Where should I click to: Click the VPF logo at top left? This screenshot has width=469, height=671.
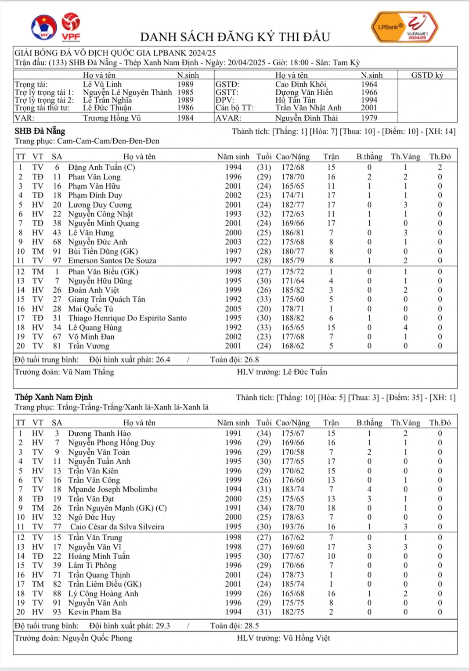click(71, 27)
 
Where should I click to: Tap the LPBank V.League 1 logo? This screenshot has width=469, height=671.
click(404, 27)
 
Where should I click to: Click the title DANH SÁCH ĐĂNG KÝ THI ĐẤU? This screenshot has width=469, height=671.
click(235, 37)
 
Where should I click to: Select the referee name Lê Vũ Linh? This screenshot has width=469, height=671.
click(102, 84)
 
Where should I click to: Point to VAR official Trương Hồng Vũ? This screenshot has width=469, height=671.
click(112, 118)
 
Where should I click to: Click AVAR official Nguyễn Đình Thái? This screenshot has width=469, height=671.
click(307, 118)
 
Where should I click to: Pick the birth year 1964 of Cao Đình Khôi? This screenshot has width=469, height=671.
click(369, 84)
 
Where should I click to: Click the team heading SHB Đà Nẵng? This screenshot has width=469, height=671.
click(40, 131)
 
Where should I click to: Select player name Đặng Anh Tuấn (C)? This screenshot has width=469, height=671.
click(101, 167)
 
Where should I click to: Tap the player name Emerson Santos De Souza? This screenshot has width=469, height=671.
click(112, 261)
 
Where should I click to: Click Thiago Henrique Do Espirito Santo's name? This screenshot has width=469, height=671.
click(127, 318)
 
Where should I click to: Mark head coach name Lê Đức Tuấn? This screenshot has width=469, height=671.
click(305, 372)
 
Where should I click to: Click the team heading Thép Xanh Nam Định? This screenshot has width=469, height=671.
click(54, 397)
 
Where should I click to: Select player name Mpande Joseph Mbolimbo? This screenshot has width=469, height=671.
click(112, 489)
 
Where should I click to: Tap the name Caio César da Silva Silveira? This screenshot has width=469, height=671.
click(117, 527)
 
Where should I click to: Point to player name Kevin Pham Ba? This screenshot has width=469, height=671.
click(94, 612)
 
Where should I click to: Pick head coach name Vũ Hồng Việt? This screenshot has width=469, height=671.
click(307, 638)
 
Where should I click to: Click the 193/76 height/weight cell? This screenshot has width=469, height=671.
click(293, 527)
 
